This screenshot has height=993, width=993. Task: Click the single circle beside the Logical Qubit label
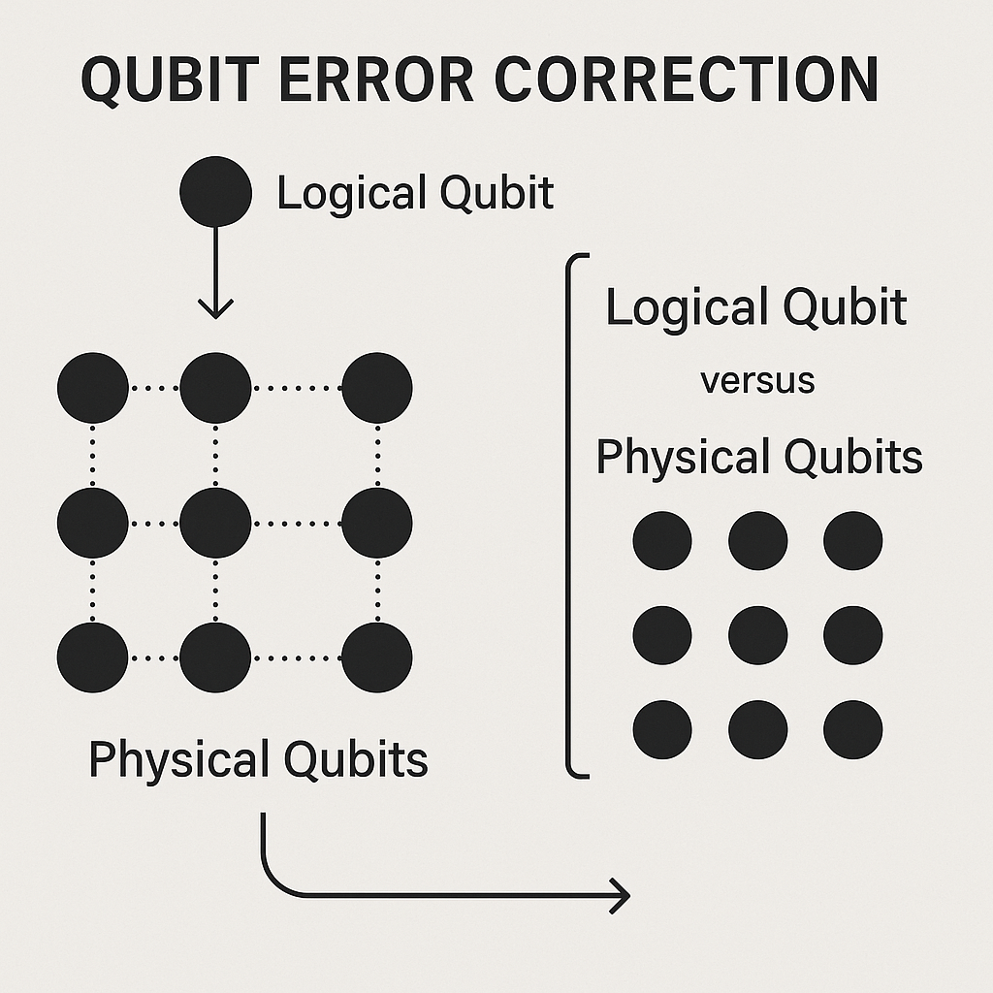(215, 191)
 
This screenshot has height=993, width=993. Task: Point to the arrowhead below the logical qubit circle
(215, 308)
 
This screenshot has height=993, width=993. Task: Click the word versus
(757, 381)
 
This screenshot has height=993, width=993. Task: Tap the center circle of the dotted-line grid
(215, 523)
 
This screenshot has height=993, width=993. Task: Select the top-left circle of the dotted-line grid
(93, 388)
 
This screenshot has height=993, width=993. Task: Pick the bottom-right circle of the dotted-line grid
(377, 657)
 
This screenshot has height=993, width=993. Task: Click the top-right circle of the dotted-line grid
(377, 388)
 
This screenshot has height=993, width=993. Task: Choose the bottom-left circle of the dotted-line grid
(93, 657)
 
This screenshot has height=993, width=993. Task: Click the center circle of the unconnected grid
(757, 635)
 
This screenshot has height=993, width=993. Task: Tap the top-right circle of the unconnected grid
(853, 540)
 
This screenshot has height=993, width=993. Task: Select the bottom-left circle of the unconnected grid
(662, 729)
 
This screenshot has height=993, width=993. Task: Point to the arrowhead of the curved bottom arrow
(619, 895)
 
